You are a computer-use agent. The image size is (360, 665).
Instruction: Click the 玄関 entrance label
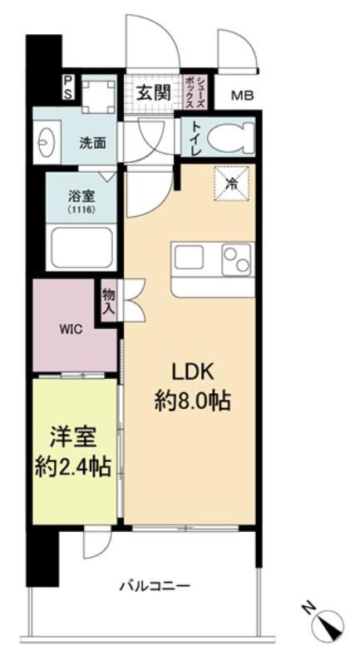[154, 93]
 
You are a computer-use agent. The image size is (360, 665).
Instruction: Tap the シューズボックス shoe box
[195, 93]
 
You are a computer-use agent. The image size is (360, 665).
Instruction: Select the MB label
[242, 96]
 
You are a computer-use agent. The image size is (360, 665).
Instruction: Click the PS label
[68, 88]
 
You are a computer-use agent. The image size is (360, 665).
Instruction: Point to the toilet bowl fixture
[230, 136]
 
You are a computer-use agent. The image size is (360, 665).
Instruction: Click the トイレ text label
[196, 138]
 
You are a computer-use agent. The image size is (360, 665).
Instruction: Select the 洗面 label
[93, 143]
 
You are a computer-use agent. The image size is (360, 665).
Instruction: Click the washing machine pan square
[98, 96]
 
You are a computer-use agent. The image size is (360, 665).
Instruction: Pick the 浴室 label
[81, 197]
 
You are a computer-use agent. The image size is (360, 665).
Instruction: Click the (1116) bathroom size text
[81, 209]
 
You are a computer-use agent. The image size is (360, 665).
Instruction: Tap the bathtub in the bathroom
[81, 247]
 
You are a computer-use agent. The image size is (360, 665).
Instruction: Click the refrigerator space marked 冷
[231, 184]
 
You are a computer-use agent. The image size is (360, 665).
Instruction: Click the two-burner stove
[237, 259]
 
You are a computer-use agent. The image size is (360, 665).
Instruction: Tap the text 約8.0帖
[192, 400]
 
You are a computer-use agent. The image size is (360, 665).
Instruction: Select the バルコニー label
[155, 587]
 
